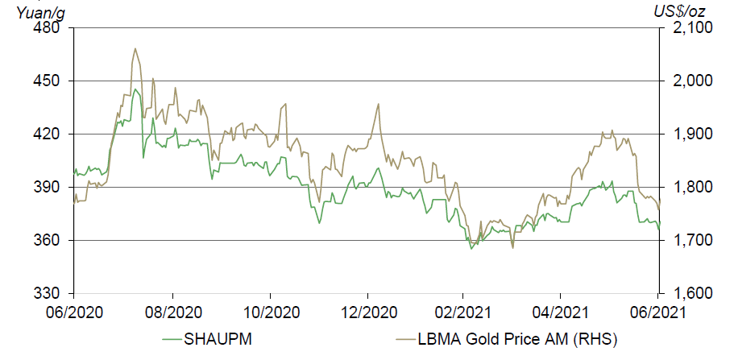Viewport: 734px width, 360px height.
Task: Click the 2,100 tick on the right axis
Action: tap(686, 28)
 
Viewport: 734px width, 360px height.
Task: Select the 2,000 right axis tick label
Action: tap(686, 81)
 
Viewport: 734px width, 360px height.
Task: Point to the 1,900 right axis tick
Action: tap(686, 134)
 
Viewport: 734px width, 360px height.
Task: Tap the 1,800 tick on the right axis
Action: tap(686, 187)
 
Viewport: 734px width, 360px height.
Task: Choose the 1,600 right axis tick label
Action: tap(686, 293)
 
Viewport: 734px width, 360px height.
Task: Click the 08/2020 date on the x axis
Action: tap(172, 311)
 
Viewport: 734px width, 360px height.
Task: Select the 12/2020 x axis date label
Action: tap(367, 311)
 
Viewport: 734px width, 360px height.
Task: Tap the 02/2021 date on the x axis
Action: tap(463, 311)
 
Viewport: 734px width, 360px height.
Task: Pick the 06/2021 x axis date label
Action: tap(658, 311)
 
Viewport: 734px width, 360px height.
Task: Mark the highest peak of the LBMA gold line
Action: tap(135, 48)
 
